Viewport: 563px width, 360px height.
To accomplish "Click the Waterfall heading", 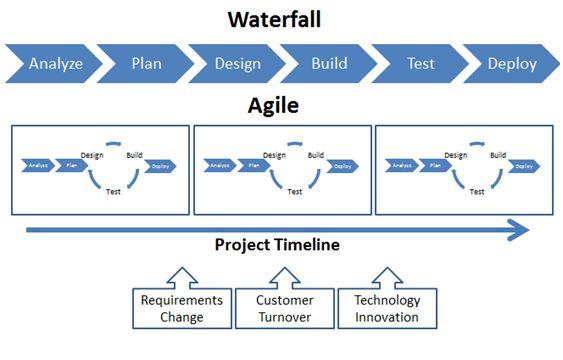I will point(281,19).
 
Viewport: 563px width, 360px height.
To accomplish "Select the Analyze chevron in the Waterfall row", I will point(56,64).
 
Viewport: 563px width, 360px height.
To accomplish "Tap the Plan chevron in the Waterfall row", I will point(146,64).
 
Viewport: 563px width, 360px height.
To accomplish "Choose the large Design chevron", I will point(238,64).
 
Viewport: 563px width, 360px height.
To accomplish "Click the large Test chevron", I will point(420,64).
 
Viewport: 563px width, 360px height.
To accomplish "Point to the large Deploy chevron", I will point(512,64).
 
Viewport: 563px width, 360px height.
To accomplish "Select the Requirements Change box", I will point(182,308).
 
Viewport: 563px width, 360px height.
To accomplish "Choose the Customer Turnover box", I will point(284,308).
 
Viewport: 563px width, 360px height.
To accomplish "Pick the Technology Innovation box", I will point(386,308).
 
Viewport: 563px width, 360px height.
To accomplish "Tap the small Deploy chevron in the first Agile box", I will point(161,165).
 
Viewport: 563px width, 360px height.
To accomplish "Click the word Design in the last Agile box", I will point(456,154).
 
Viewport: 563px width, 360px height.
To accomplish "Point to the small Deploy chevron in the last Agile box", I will point(524,165).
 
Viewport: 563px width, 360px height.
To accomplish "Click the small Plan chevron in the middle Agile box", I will point(252,165).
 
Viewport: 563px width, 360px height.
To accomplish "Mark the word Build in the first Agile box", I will point(134,154).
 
